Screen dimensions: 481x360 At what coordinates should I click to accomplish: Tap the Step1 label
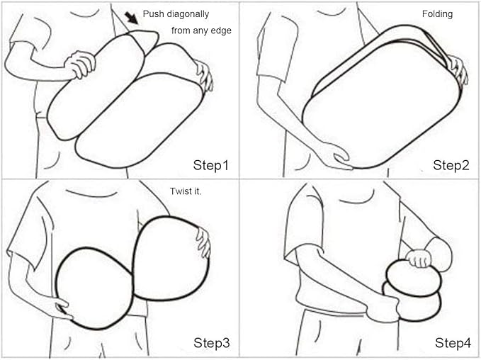pos(210,165)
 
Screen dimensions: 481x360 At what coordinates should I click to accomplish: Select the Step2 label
pos(451,165)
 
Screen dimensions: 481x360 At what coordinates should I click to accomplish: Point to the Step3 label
pos(211,343)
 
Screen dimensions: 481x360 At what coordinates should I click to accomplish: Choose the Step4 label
pos(453,343)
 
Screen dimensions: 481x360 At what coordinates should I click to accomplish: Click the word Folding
pos(437,14)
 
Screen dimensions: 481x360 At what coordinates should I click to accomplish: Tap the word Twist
pos(180,191)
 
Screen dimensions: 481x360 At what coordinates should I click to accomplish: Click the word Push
pos(154,13)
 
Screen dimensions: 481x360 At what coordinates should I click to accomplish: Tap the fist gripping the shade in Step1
pos(80,64)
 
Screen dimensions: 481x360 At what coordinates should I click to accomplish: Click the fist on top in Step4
pos(419,258)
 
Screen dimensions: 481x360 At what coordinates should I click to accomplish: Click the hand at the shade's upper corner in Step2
pos(457,69)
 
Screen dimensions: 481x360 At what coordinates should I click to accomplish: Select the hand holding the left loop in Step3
pos(60,307)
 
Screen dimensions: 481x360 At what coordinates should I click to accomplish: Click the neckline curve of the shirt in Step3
pos(92,194)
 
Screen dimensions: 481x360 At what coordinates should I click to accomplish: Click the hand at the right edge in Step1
pos(205,75)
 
